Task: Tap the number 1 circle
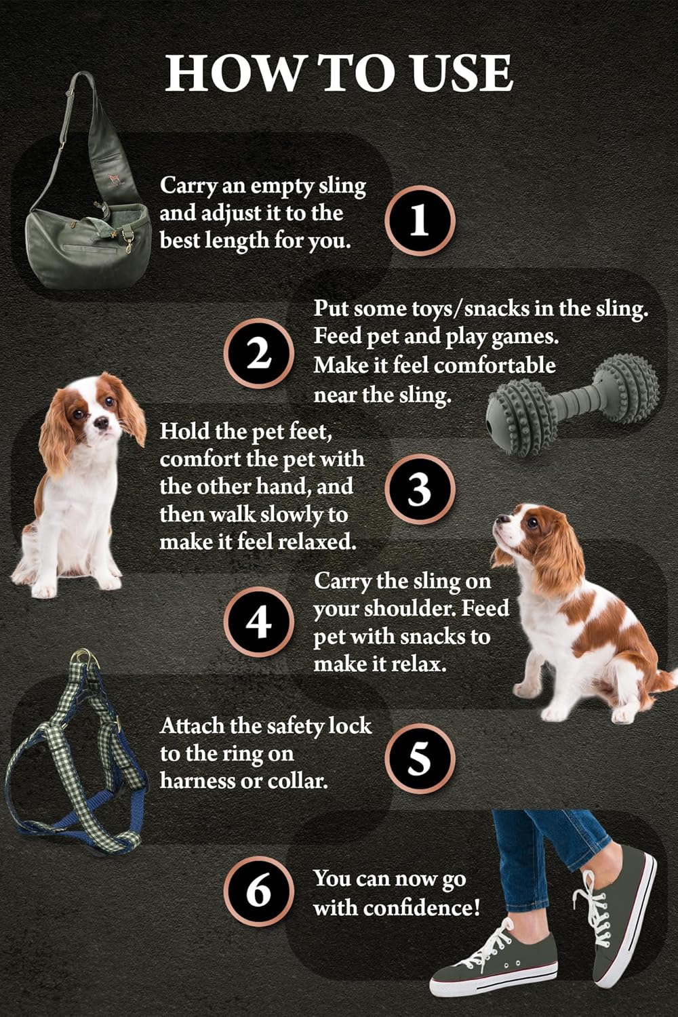(x=420, y=220)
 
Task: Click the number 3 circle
(x=420, y=489)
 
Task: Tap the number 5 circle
(x=420, y=757)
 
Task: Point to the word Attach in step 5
(x=193, y=726)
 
